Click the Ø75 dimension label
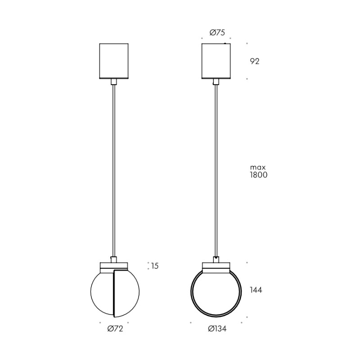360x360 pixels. [217, 33]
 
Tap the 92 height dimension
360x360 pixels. [255, 61]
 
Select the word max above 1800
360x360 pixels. [258, 167]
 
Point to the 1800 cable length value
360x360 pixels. [258, 175]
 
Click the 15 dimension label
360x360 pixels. [155, 266]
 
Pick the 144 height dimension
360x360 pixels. [256, 290]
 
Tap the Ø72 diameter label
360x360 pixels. [115, 329]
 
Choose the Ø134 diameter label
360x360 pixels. [217, 329]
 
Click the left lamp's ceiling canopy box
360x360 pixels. [114, 61]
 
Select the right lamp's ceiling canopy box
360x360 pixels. [216, 61]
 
